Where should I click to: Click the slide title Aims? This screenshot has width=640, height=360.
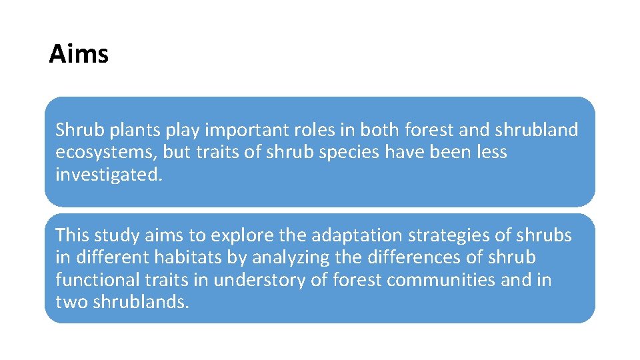(79, 53)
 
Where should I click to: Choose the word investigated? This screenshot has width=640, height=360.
(108, 175)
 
